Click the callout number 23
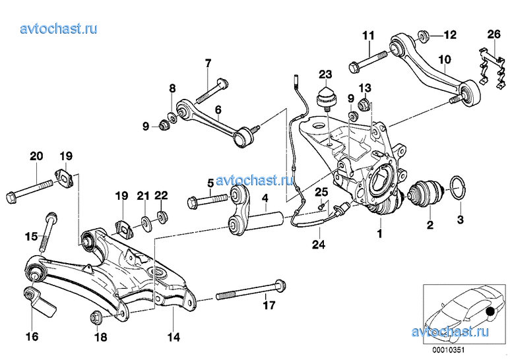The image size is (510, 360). (327, 73)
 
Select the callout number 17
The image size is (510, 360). (269, 305)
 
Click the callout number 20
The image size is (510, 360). (36, 156)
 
